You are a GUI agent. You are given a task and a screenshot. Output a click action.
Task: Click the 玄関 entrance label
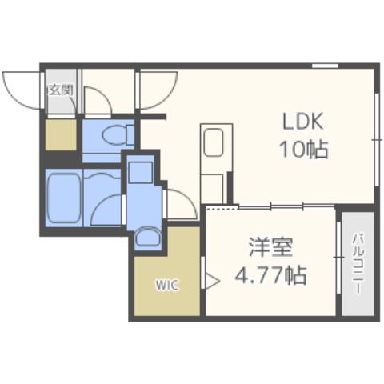(x=60, y=90)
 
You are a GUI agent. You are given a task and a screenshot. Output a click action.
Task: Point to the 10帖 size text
(x=303, y=149)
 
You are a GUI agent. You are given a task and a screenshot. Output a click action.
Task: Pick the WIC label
(x=167, y=283)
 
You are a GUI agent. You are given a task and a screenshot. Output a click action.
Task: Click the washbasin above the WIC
(x=146, y=238)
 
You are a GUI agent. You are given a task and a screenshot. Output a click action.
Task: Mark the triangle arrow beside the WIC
(x=212, y=281)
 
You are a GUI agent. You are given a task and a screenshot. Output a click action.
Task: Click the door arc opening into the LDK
(x=152, y=93)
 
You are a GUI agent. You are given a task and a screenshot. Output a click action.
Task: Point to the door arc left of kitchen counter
(x=181, y=202)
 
